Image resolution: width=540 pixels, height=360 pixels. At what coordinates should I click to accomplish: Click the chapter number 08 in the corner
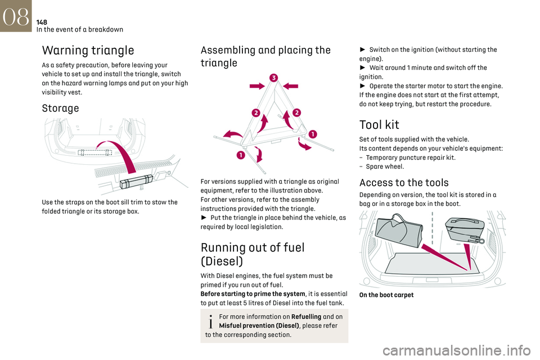tap(16, 16)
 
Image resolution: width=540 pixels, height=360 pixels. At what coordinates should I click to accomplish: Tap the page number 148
tap(42, 22)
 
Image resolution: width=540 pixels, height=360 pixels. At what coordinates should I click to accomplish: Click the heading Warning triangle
tap(88, 50)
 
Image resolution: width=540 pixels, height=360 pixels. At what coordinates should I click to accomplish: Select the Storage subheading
tap(60, 108)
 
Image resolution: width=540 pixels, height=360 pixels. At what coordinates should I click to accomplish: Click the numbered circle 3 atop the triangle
tap(274, 78)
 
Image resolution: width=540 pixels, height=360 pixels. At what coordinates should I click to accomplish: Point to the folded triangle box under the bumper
tap(136, 181)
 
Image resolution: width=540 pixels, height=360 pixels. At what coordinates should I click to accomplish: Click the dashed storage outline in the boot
tap(94, 152)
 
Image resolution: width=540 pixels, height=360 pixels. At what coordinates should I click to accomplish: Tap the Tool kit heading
tap(379, 125)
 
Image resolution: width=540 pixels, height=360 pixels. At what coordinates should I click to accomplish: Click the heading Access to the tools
tap(404, 183)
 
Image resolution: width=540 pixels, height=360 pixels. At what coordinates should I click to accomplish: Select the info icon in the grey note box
tap(211, 321)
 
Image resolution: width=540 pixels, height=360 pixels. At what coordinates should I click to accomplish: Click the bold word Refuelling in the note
tap(306, 317)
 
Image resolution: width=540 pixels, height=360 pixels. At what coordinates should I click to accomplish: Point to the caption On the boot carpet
tap(386, 295)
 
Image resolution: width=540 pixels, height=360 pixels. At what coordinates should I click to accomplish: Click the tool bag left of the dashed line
tap(398, 230)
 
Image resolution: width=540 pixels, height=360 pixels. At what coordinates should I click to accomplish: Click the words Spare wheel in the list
tap(385, 166)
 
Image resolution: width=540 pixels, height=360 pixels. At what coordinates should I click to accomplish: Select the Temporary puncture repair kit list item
tap(411, 157)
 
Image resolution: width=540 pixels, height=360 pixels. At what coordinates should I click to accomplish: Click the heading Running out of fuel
tap(253, 254)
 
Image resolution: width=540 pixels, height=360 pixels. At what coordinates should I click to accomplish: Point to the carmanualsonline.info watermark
tap(456, 350)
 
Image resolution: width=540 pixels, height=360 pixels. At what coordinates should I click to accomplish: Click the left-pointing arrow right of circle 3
tap(290, 86)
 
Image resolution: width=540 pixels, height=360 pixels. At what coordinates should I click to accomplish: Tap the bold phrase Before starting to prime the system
tap(253, 294)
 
